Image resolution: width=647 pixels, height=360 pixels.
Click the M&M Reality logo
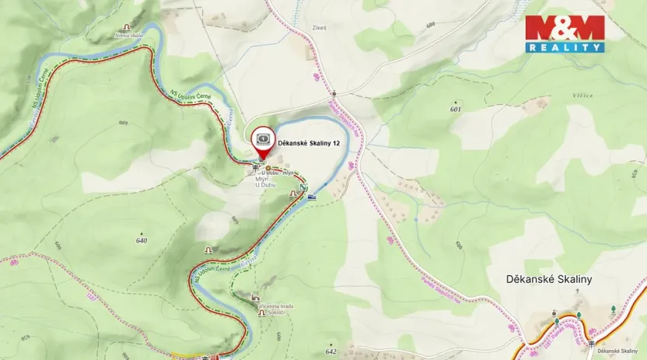[x=565, y=33]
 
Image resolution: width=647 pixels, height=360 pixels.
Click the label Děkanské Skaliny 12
[x=309, y=143]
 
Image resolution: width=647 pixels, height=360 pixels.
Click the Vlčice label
[x=582, y=96]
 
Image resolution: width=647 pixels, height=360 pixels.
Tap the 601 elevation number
[x=455, y=110]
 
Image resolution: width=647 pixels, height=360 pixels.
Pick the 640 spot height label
[x=141, y=240]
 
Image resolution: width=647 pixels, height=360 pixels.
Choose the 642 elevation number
[x=332, y=351]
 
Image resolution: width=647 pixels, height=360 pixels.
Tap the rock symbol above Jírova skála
[x=126, y=27]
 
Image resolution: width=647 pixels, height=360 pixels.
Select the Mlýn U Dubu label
[x=267, y=182]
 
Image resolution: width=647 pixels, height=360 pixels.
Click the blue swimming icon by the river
[x=312, y=197]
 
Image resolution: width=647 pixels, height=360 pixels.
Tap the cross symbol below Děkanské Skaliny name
[x=577, y=291]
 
